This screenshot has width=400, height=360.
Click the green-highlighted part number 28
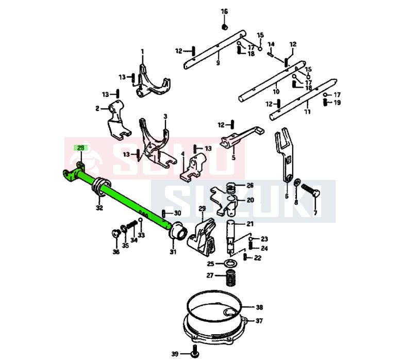click(80, 148)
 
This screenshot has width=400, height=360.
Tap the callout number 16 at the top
click(224, 11)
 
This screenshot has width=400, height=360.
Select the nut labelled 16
click(225, 27)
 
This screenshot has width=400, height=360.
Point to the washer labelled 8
click(297, 183)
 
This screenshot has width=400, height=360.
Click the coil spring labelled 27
click(230, 277)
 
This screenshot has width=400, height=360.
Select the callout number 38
click(259, 307)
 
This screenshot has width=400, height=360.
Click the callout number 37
click(259, 321)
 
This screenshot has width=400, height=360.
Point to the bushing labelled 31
click(178, 231)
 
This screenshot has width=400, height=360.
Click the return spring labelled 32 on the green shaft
click(101, 187)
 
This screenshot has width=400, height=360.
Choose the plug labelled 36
click(116, 233)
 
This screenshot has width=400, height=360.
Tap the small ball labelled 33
click(140, 220)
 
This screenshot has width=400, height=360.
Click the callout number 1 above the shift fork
click(142, 52)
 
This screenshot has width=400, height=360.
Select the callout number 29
click(202, 208)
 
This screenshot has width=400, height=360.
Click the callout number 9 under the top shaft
click(218, 62)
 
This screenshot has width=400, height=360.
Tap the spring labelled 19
click(325, 103)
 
